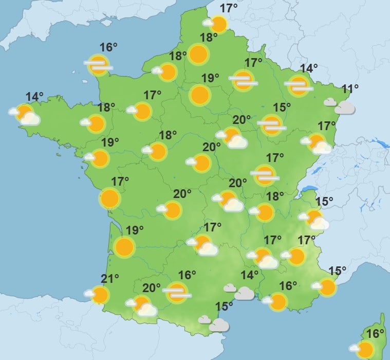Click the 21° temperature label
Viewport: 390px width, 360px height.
(x=110, y=279)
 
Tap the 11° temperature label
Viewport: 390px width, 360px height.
(x=350, y=89)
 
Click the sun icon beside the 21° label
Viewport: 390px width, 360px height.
(x=100, y=295)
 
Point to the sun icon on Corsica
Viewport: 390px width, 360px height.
(x=365, y=350)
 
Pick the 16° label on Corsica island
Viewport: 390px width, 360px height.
(x=376, y=333)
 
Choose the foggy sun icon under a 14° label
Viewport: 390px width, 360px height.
(x=299, y=85)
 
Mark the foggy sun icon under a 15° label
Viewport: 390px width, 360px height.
(x=271, y=124)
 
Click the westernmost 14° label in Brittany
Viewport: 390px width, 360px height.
(x=34, y=96)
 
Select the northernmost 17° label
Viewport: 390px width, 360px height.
(x=229, y=8)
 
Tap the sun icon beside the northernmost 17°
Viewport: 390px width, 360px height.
(x=218, y=24)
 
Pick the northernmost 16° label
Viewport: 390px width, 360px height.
(x=108, y=48)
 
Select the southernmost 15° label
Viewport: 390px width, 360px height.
(x=224, y=307)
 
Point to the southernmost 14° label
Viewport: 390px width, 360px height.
(x=250, y=275)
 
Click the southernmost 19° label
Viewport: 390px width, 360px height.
(x=135, y=230)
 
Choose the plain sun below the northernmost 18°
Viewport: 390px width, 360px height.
(x=198, y=54)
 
